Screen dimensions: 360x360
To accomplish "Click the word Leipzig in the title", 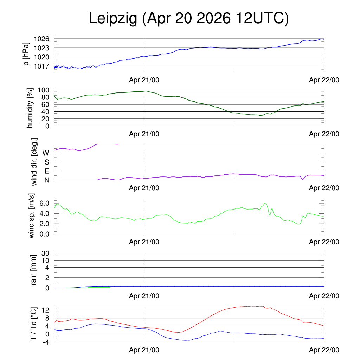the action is tap(113, 18).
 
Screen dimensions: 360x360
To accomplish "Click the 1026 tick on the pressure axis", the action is tap(41, 39).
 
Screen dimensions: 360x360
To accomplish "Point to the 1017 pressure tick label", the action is tap(41, 66).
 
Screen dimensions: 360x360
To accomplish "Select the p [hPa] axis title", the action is tap(27, 54).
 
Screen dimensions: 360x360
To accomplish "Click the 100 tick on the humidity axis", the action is tap(44, 90).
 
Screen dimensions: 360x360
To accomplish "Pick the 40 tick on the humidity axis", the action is tap(45, 112).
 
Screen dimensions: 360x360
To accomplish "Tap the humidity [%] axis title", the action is tap(30, 108).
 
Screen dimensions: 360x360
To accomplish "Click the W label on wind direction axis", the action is tap(46, 153).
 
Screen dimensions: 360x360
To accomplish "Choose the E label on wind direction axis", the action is tap(47, 171).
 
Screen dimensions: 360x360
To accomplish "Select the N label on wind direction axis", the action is tap(47, 180).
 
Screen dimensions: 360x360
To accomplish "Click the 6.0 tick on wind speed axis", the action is tap(44, 203).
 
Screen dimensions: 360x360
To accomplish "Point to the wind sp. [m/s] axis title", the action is tap(31, 216).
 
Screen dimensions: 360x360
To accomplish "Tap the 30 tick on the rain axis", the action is tap(45, 253).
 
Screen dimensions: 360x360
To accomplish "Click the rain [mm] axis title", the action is tap(33, 270).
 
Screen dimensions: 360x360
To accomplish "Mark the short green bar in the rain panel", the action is tap(99, 287).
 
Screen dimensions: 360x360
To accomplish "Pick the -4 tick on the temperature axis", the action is tap(46, 342).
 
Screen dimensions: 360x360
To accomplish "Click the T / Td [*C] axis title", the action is tap(33, 324).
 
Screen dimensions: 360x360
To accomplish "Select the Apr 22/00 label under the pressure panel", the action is tap(324, 80).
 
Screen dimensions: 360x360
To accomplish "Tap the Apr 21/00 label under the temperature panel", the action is tap(144, 350).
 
